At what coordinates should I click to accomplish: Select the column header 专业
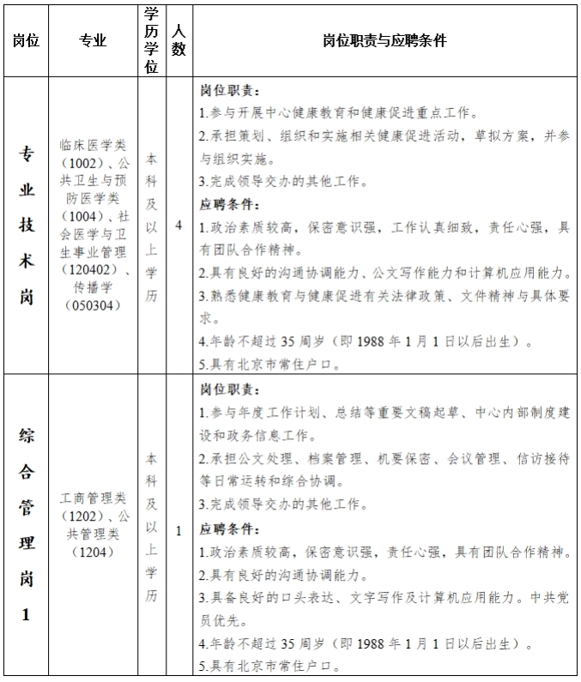point(93,40)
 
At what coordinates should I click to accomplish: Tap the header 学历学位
point(151,40)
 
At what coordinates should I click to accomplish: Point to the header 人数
point(179,40)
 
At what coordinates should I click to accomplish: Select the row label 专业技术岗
point(27,226)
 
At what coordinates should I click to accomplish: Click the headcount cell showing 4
point(179,226)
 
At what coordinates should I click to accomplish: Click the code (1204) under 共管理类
point(93,552)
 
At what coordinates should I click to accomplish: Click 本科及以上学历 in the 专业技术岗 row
point(151,226)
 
